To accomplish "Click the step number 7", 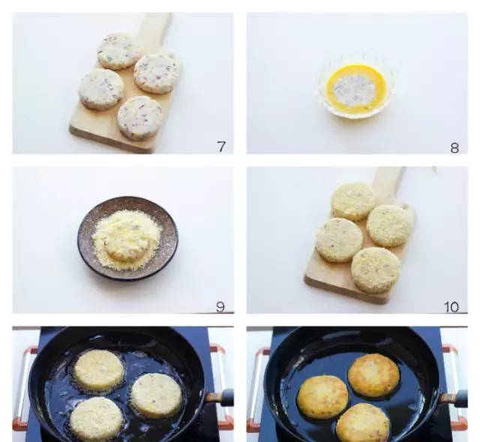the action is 221,146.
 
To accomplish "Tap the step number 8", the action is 454,148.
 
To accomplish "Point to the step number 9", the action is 220,307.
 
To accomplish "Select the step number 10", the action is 451,307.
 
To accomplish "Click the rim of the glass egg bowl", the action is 355,113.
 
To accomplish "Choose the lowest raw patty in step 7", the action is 140,118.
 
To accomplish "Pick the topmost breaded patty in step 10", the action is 353,201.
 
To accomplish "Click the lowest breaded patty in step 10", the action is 376,270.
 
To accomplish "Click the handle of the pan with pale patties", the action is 219,397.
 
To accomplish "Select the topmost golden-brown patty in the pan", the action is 373,375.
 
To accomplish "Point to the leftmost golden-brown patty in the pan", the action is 323,397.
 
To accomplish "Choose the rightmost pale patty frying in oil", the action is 157,395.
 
